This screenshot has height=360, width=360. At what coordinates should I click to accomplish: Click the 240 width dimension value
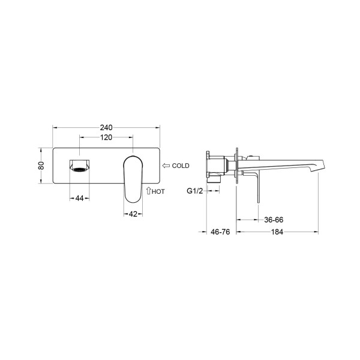click(x=106, y=127)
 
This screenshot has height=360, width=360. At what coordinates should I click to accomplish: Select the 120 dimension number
click(x=106, y=137)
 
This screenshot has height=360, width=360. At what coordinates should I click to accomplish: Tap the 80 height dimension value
click(x=41, y=166)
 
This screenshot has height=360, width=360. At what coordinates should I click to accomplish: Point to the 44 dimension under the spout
click(x=79, y=198)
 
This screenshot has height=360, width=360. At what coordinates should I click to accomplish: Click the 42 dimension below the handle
click(x=133, y=214)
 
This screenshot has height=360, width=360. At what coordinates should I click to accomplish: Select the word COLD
click(x=181, y=166)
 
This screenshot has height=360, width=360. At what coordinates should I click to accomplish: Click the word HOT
click(x=158, y=191)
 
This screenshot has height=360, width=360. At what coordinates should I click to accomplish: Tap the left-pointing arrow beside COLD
click(x=166, y=166)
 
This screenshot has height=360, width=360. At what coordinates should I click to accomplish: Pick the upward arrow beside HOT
click(x=149, y=191)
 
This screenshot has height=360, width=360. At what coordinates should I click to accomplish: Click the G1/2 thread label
click(x=195, y=191)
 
